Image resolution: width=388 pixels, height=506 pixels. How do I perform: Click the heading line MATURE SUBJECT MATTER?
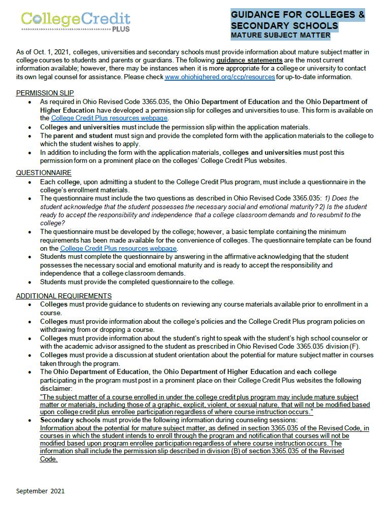click(x=280, y=36)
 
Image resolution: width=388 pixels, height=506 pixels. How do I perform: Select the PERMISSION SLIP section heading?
click(x=45, y=93)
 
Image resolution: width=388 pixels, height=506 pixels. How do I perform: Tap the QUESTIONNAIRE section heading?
click(x=44, y=173)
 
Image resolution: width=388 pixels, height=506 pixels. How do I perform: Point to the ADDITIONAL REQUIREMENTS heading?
click(x=64, y=296)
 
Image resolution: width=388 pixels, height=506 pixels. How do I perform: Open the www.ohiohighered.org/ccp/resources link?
click(x=220, y=77)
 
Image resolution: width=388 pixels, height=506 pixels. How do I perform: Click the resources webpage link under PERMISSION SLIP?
click(x=109, y=118)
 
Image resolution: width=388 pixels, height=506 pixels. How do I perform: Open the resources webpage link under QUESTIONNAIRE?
click(x=118, y=248)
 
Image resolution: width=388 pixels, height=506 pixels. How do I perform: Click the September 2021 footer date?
click(x=41, y=491)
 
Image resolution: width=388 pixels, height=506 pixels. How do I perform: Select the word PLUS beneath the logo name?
click(x=120, y=29)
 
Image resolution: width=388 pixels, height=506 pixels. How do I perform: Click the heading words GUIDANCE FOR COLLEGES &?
click(x=298, y=15)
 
